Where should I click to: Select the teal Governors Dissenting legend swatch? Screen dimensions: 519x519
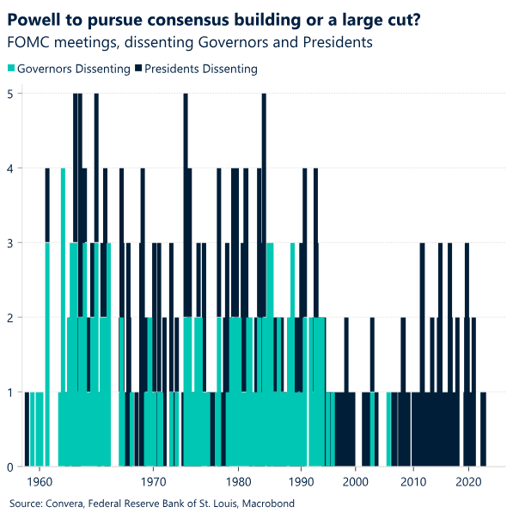[11, 69]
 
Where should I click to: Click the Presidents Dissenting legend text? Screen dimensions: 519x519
[201, 69]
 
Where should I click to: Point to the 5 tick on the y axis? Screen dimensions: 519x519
[10, 94]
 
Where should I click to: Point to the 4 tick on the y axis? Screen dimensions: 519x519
[10, 168]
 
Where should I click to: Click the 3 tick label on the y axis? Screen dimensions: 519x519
[10, 243]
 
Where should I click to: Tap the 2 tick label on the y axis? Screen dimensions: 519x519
[10, 318]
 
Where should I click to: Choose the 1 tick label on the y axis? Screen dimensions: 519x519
[10, 393]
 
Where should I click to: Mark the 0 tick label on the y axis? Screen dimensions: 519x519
[10, 467]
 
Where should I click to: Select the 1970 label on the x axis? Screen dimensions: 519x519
[153, 482]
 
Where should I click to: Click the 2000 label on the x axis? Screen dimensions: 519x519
[355, 482]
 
